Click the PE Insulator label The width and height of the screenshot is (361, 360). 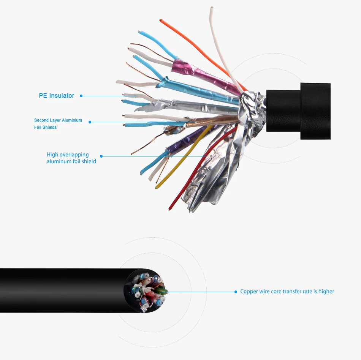point(56,96)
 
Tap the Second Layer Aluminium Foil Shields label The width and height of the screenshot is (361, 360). point(58,124)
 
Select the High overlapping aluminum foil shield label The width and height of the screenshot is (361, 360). point(71,158)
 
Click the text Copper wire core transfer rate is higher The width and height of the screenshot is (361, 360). point(287,292)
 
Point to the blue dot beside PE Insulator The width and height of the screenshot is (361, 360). point(81,96)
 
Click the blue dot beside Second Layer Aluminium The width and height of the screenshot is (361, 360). point(90,122)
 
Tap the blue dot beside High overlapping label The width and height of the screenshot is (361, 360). point(101,156)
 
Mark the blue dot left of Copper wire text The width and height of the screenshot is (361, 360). point(236,292)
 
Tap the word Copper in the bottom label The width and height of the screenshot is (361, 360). point(249,292)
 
